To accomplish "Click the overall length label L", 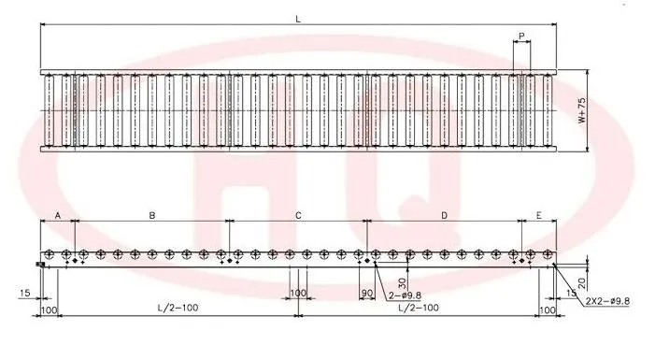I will [x=297, y=18].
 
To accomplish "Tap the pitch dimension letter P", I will [x=521, y=36].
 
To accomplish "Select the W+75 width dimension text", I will [x=581, y=111].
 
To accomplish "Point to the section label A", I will [x=57, y=215].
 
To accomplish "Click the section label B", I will [x=151, y=215].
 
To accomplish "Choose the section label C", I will [x=298, y=215].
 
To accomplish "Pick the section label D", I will [x=444, y=215].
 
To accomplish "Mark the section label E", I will [x=538, y=215].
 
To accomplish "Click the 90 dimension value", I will [x=366, y=294].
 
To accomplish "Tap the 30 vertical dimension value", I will [x=402, y=283].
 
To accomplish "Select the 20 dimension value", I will [x=581, y=281].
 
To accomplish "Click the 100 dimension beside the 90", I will [x=297, y=294].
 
